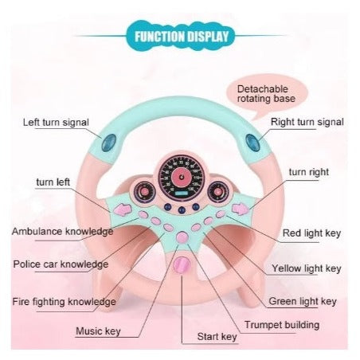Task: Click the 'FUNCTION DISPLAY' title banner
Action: [182, 36]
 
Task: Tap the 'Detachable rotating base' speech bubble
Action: [267, 94]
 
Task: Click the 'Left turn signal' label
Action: [56, 123]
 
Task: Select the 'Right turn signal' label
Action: [307, 122]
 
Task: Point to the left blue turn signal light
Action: [109, 143]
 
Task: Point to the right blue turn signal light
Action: [252, 143]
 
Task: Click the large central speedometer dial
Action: [182, 178]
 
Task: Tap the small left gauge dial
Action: [144, 191]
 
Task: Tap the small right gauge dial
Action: [218, 191]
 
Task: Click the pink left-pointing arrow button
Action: [123, 209]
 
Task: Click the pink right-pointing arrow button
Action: [241, 209]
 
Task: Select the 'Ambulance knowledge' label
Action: [62, 231]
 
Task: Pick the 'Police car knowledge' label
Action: [61, 264]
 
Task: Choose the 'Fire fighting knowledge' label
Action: [65, 302]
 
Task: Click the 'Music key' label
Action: [98, 331]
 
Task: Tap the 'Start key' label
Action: [217, 337]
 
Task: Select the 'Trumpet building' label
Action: [282, 325]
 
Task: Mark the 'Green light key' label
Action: [303, 301]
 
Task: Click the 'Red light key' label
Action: [311, 233]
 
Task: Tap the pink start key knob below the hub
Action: [182, 265]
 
